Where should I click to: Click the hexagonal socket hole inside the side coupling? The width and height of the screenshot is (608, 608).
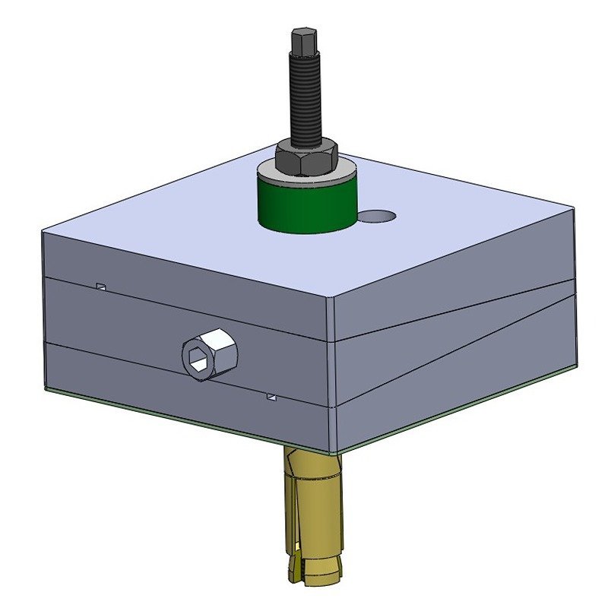[x=200, y=358]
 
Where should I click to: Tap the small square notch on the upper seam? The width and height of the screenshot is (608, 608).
[x=100, y=287]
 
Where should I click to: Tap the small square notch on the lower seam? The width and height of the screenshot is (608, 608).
[x=271, y=396]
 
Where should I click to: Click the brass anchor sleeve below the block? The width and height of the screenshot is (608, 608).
[x=314, y=517]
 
